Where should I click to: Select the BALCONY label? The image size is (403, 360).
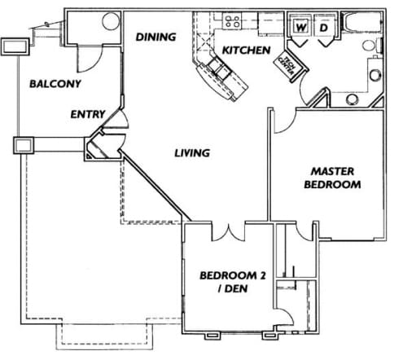pos(53,83)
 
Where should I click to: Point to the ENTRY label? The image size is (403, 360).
pos(87,115)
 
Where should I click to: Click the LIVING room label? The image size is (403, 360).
pos(192,152)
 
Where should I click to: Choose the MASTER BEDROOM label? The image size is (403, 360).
pos(335,178)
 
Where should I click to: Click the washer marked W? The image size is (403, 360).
pos(300,28)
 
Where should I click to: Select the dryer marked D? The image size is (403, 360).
pos(322,28)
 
